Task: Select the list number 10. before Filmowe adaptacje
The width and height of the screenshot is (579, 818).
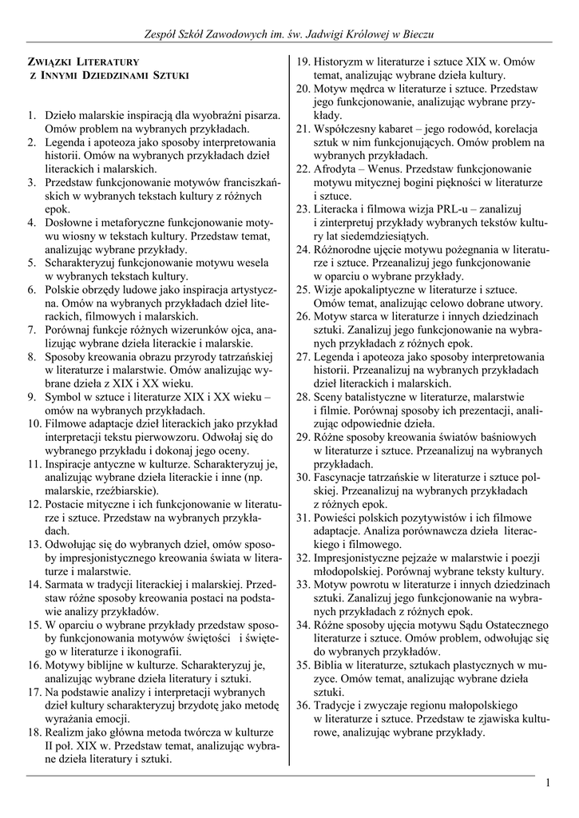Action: coord(34,424)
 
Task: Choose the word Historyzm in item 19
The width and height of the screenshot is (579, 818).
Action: coord(342,62)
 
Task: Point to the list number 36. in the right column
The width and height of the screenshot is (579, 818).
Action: coord(303,705)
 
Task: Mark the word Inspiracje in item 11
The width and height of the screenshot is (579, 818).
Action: coord(72,464)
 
